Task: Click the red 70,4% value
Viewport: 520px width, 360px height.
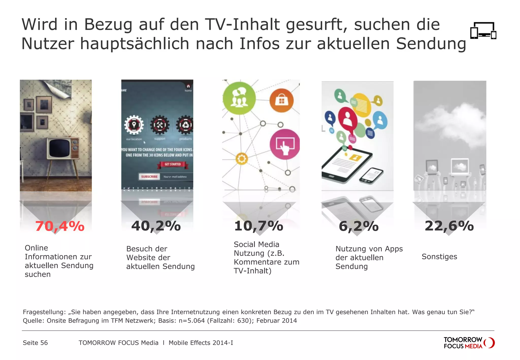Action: (60, 226)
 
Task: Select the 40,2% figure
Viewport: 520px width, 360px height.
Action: (156, 226)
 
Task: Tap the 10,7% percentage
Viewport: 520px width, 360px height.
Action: (258, 226)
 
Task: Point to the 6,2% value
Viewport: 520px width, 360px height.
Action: (359, 226)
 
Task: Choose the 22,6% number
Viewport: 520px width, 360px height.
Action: (449, 226)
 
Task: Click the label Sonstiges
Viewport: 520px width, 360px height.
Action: (439, 257)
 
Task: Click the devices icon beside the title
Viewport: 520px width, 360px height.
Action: (483, 30)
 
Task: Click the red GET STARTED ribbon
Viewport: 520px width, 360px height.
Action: (173, 165)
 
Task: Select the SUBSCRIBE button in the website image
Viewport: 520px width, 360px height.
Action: (149, 176)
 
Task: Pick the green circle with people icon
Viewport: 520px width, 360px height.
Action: (239, 98)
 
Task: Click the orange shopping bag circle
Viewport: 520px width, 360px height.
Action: (281, 101)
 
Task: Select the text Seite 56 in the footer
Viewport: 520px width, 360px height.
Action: (35, 343)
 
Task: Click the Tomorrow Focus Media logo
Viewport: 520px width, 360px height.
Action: (469, 343)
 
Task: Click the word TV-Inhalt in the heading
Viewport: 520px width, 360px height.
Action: (245, 25)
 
